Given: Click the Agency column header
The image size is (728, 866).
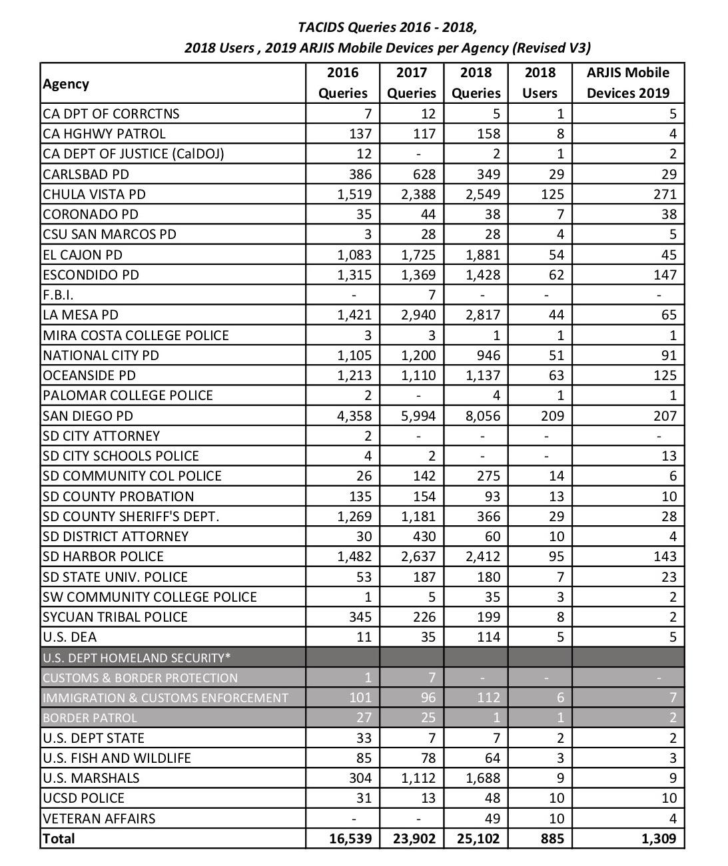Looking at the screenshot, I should pos(66,84).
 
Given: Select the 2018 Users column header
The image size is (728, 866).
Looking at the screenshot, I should pos(540,83).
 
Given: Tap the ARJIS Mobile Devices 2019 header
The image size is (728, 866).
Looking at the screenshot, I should pos(627,83).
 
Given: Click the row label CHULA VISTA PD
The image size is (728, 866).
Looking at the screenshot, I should pos(94,194).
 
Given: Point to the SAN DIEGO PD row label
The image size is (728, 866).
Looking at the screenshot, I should pos(88,416).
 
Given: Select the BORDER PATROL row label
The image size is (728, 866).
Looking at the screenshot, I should pos(90,718).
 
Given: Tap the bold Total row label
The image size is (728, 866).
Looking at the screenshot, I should pos(59,839).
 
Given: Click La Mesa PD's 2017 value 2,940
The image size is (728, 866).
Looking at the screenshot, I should pos(418,315).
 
